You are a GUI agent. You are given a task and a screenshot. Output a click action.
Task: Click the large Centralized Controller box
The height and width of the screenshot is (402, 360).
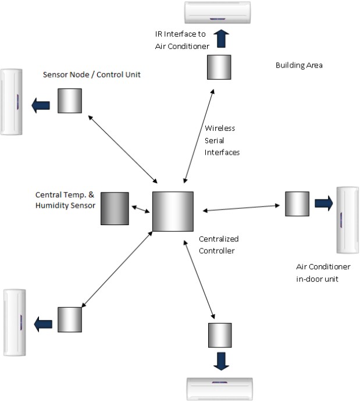tap(173, 211)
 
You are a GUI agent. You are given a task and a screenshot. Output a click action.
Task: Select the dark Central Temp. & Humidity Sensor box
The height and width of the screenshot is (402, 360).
tap(115, 208)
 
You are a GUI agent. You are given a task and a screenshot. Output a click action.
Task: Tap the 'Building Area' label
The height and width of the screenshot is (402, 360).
tap(298, 65)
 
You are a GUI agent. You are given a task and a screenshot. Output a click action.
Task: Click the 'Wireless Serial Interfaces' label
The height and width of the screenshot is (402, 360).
tap(222, 140)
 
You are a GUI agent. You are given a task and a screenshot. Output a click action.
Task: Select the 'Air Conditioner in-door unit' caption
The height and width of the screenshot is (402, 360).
tap(323, 272)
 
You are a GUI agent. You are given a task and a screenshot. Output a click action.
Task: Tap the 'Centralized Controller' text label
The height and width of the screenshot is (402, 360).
tap(219, 244)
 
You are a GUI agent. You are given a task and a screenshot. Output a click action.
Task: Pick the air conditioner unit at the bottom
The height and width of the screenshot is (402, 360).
tap(220, 389)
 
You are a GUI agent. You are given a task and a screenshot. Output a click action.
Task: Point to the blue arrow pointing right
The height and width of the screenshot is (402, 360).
tap(323, 203)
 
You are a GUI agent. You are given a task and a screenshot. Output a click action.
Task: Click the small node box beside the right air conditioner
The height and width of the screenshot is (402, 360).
tap(297, 204)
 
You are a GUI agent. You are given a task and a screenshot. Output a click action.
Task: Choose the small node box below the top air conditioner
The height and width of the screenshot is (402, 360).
tap(219, 67)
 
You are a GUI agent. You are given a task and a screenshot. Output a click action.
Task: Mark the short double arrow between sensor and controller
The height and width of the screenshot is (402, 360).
tap(140, 208)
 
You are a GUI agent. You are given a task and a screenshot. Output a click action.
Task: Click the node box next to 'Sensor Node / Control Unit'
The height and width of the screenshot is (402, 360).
tap(69, 101)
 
